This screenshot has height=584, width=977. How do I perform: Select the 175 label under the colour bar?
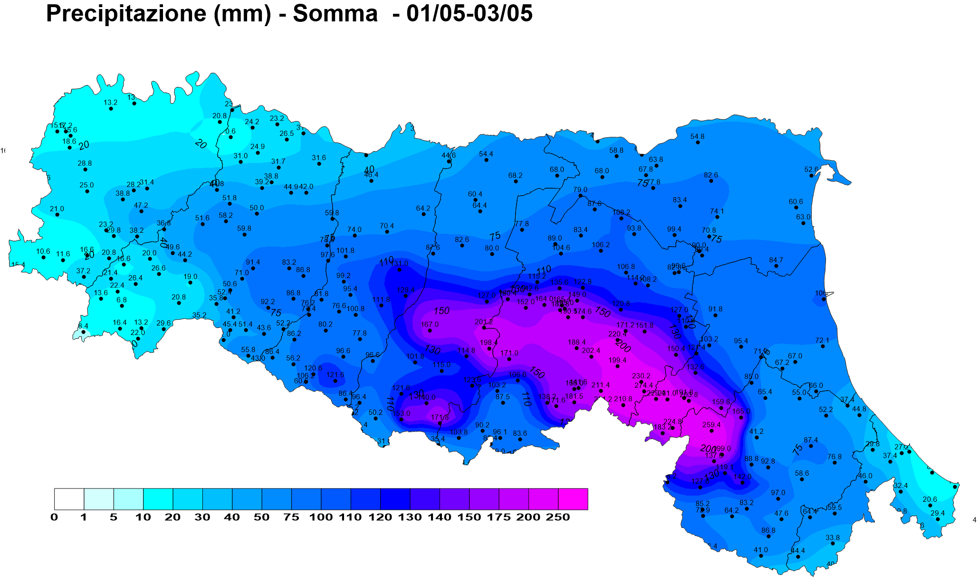[x=498, y=517]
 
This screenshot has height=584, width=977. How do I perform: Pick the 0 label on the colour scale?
[x=54, y=517]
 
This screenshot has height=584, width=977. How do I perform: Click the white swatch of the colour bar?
[x=69, y=499]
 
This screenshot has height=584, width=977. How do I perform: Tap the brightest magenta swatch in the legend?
[x=573, y=499]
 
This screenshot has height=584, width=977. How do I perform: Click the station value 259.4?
[x=711, y=425]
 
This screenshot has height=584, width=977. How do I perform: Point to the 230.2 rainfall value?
[x=641, y=376]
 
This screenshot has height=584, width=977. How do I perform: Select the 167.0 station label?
[x=430, y=325]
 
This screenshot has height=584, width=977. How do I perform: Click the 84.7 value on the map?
[x=776, y=260]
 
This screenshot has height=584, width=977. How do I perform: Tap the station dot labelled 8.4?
[x=83, y=332]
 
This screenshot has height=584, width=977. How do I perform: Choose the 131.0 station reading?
[x=400, y=264]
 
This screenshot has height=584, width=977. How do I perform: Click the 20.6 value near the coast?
[x=930, y=499]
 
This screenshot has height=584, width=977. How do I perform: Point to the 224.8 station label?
[x=672, y=421]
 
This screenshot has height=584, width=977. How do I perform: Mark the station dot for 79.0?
[x=580, y=195]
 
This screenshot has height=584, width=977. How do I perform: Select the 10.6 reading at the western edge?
[x=43, y=251]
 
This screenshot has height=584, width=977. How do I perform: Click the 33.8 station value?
[x=833, y=537]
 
